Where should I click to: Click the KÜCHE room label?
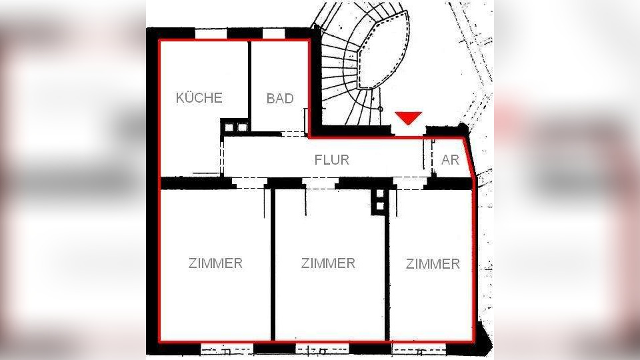click(199, 97)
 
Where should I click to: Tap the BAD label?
click(279, 99)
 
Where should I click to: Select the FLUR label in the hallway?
click(331, 160)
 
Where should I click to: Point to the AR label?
click(450, 160)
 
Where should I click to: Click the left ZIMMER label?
click(215, 263)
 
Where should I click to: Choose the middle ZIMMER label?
click(328, 263)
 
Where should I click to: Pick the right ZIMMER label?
click(433, 263)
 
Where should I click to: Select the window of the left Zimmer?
click(227, 349)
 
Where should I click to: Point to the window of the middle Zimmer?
click(322, 349)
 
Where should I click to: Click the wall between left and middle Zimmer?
click(272, 267)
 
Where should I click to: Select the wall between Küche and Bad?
click(249, 80)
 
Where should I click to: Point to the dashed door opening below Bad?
click(292, 134)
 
